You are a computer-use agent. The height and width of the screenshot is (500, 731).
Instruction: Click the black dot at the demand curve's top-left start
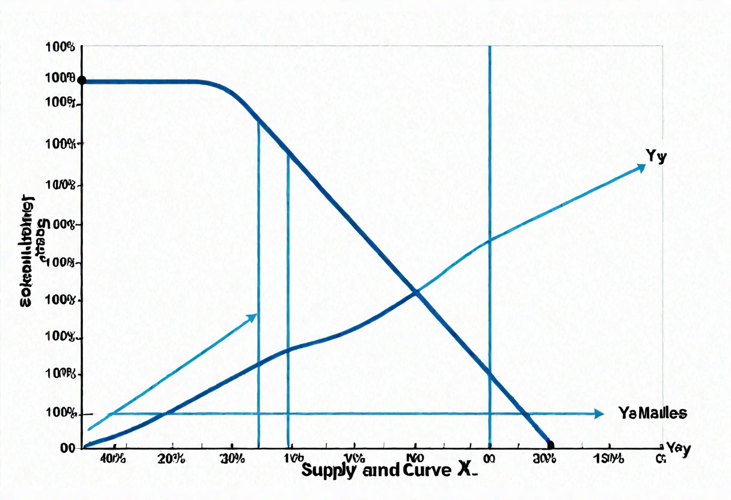(x=82, y=81)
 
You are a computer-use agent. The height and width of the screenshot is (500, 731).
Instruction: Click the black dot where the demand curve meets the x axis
(x=550, y=445)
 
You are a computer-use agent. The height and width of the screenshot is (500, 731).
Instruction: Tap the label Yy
(x=657, y=156)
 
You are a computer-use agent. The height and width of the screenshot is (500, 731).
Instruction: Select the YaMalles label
(x=652, y=413)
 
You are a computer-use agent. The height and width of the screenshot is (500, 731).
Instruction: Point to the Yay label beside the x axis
(x=678, y=448)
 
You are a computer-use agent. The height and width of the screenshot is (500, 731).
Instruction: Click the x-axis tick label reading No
(x=414, y=459)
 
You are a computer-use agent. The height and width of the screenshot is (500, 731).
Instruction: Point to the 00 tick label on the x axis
(x=489, y=459)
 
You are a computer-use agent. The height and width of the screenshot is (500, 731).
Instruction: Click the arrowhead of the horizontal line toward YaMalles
(x=599, y=413)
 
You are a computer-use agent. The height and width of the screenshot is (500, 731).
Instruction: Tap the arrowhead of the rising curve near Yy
(x=641, y=167)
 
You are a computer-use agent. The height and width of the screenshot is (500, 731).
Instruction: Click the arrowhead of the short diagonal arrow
(x=253, y=317)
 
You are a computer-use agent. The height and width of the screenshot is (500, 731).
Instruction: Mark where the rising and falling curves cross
(x=415, y=293)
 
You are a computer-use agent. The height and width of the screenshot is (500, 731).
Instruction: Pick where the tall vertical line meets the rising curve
(x=490, y=240)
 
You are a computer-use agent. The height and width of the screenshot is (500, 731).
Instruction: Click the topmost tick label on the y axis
(x=60, y=47)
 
